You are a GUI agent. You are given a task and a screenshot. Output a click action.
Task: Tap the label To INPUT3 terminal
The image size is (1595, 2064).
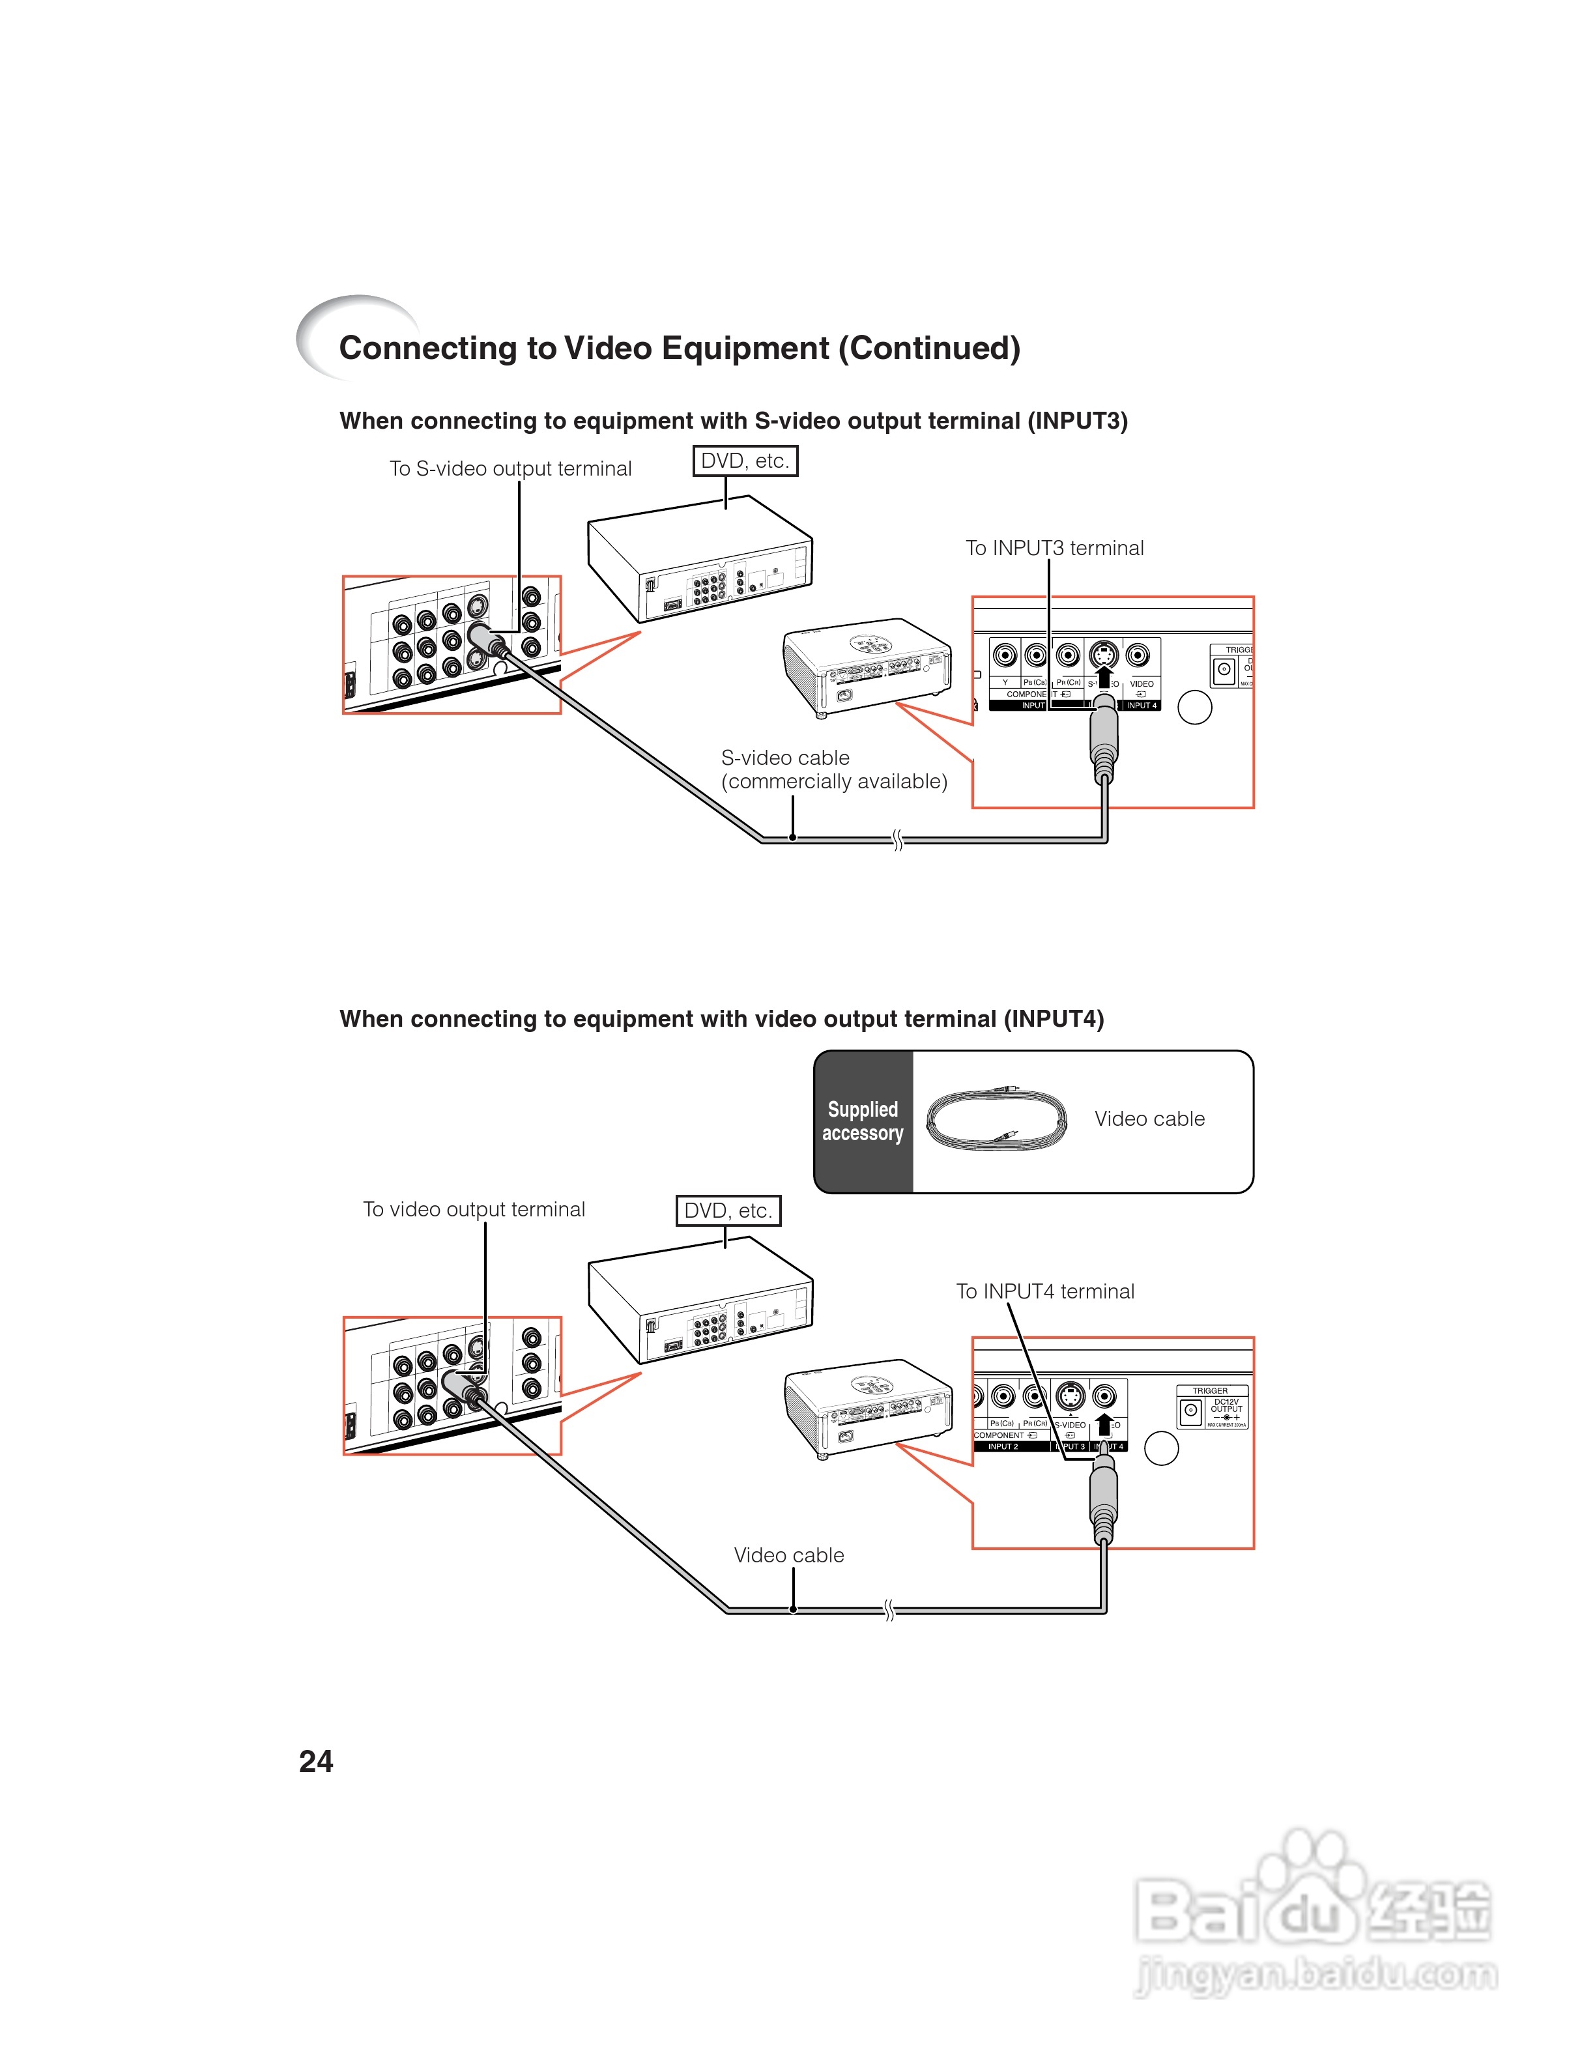pos(1054,548)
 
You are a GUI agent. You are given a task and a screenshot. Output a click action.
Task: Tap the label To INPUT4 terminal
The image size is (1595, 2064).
pos(1044,1291)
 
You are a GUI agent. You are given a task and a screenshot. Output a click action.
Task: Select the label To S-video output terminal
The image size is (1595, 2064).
pos(510,468)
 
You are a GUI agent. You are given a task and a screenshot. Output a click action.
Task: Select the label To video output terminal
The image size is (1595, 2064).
pos(474,1210)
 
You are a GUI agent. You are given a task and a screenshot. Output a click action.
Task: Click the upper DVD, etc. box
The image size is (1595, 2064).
pos(745,461)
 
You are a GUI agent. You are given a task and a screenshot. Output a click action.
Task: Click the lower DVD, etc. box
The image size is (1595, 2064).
pos(728,1211)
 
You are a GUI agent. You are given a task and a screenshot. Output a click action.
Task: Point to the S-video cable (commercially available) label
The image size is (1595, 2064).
pos(833,769)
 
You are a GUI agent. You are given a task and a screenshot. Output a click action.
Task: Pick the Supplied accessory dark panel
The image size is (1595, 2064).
pos(863,1122)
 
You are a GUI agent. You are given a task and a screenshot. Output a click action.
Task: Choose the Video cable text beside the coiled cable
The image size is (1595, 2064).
pos(1149,1119)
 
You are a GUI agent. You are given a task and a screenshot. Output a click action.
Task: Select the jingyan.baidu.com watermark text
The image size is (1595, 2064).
pos(1315,1975)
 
